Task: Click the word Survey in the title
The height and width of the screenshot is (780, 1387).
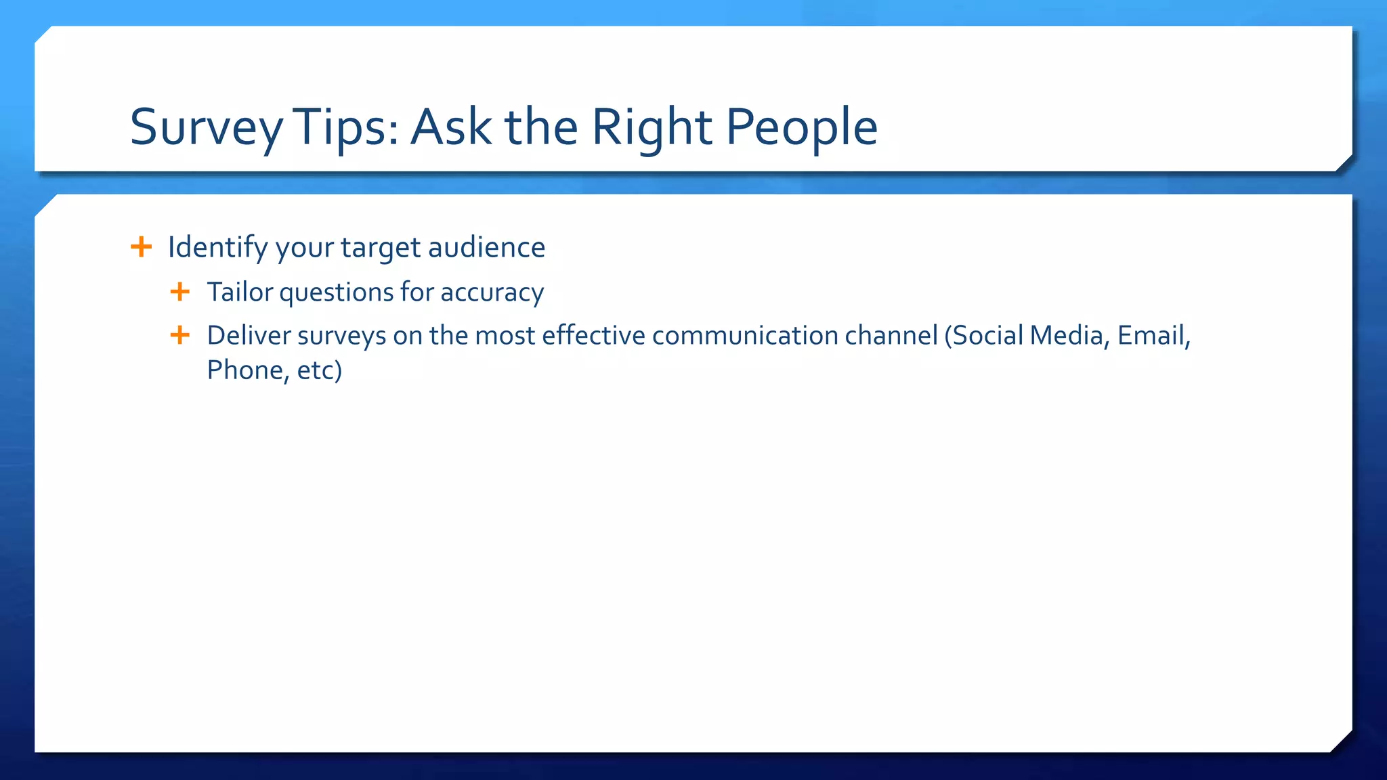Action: [206, 127]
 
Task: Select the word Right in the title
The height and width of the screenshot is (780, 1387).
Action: [652, 127]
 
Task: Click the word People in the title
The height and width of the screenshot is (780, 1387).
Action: [802, 127]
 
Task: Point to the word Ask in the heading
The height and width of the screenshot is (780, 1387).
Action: [451, 127]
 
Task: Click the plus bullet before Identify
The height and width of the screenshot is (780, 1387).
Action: [141, 246]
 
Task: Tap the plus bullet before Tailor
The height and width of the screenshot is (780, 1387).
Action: [180, 292]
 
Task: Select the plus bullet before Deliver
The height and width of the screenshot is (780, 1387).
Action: [180, 334]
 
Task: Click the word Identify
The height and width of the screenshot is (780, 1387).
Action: [217, 248]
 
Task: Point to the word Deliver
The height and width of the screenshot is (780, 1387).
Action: [249, 336]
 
